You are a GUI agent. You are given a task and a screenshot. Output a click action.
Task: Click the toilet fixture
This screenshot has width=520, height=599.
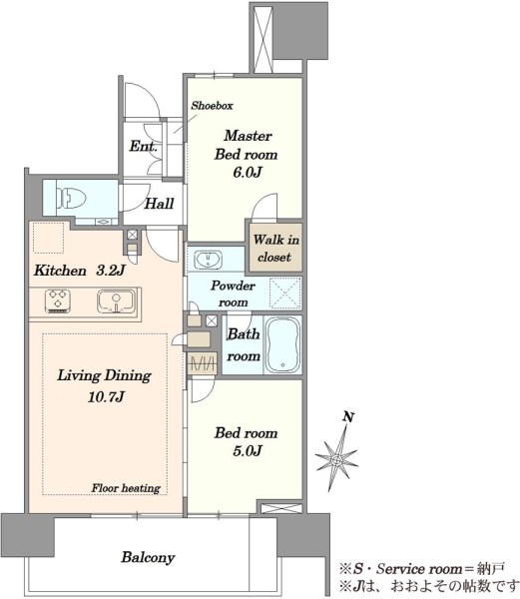pos(72,199)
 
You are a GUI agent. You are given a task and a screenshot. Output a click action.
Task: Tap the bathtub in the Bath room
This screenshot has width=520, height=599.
pos(283,345)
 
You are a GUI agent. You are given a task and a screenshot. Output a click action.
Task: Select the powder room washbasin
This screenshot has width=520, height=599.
pos(208,260)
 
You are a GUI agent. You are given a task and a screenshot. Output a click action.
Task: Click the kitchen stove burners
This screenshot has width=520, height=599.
pos(58,300)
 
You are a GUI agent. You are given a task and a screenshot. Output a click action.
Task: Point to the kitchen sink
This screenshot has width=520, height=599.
pos(116,301)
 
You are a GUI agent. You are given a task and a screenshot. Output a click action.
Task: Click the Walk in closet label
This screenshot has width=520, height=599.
pos(275,249)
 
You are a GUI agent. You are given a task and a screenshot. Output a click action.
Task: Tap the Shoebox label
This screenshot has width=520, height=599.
pos(212,106)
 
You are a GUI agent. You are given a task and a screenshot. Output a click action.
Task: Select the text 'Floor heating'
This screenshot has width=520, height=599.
pos(126,488)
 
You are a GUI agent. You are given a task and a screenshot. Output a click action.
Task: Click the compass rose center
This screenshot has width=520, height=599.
pos(336,459)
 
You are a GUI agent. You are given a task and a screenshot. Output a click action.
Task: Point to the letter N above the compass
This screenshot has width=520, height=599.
pos(348,416)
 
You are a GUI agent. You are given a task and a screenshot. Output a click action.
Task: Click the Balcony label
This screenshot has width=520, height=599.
pos(148,557)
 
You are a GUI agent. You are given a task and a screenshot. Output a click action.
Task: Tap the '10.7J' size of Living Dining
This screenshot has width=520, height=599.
pos(106,397)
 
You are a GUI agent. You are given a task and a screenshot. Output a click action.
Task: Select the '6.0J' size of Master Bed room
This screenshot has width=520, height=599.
pos(247,173)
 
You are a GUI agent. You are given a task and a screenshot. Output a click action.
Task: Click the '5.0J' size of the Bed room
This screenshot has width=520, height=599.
pos(247,451)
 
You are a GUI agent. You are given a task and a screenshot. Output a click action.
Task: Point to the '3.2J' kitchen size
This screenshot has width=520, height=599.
pos(111,271)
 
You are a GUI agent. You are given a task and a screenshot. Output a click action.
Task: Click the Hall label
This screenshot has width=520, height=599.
pos(159,204)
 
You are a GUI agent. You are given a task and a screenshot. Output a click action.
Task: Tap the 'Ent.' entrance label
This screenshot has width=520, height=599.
pos(143,146)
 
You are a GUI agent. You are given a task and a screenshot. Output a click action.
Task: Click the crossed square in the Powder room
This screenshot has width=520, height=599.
pos(285,294)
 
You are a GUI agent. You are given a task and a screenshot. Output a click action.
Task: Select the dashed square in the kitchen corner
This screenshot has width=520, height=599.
pos(48,238)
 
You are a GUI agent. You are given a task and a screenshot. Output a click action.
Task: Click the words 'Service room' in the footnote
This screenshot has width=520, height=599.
pos(419,569)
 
